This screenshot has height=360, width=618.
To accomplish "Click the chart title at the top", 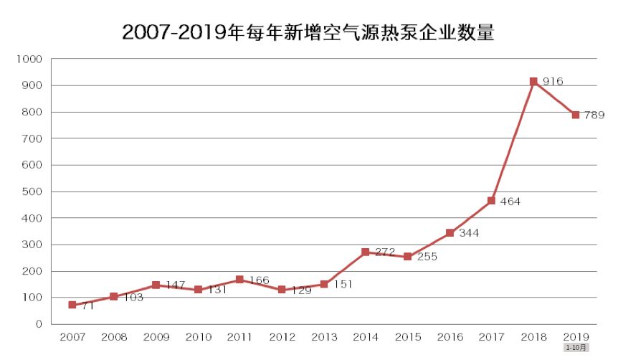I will point(308,32).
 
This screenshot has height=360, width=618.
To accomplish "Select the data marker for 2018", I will point(533,82).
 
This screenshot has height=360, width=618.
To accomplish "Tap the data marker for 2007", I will point(72,305).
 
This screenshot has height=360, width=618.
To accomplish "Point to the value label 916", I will point(553,82).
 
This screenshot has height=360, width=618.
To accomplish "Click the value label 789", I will point(594,115).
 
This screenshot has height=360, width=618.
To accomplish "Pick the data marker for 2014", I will point(366,252).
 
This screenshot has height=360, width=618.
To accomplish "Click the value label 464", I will point(510,202).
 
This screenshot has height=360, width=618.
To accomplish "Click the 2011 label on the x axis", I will point(240,336).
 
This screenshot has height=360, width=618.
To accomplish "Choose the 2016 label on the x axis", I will point(450,336).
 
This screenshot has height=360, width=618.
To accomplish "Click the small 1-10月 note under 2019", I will point(576,348).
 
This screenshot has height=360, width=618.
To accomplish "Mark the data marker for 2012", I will point(282,290).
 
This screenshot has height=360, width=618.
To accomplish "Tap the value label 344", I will point(469,233).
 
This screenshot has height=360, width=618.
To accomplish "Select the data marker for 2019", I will point(576,115).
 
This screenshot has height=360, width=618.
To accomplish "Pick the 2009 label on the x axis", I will point(156,336).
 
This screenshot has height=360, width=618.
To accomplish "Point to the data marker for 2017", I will point(491,201).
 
